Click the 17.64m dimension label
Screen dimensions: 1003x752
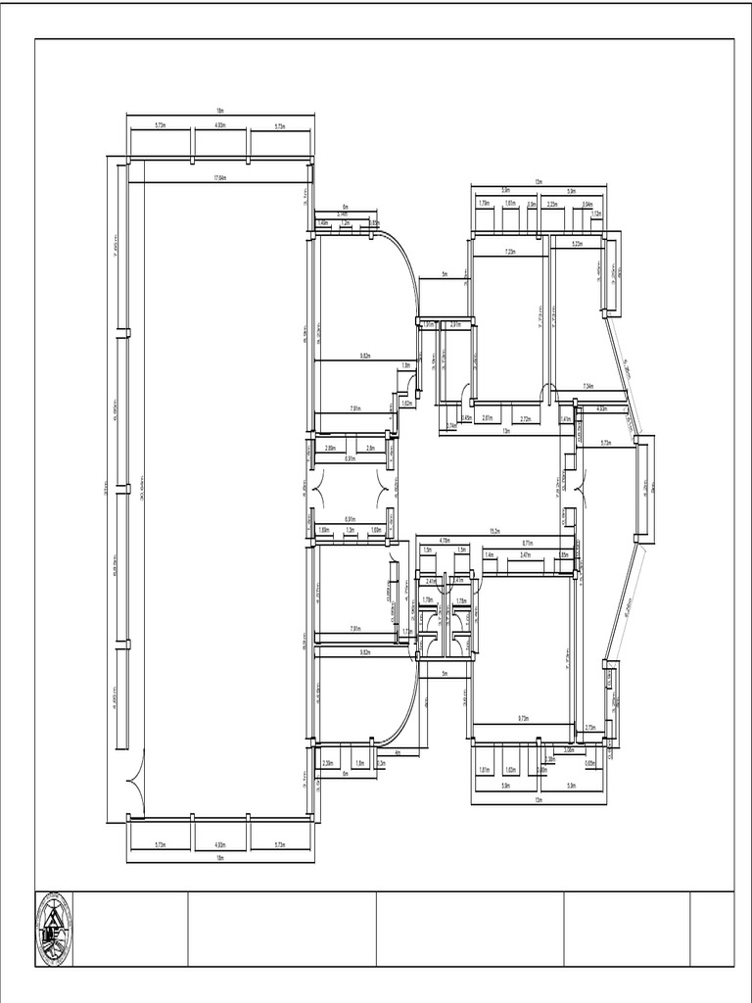tap(220, 178)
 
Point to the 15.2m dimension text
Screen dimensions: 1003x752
tap(495, 532)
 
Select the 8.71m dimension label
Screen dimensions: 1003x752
tap(528, 543)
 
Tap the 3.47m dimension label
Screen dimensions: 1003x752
tap(525, 554)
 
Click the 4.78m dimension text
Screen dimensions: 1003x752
tap(444, 540)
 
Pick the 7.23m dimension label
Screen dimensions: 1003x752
tap(511, 252)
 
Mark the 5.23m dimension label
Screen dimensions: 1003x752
tap(577, 244)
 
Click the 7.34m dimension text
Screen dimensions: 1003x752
tap(587, 386)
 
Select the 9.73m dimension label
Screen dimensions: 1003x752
tap(523, 719)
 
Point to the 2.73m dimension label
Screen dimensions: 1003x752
tap(590, 728)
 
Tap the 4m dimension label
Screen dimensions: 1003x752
tap(397, 752)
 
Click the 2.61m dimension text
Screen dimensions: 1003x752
tap(487, 418)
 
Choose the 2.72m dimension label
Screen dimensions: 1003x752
tap(526, 418)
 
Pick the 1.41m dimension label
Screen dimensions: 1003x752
tap(566, 419)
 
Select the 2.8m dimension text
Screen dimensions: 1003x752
tap(370, 448)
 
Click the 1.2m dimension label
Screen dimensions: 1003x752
tap(346, 223)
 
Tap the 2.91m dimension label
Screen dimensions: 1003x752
tap(455, 324)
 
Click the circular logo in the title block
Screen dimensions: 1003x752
tap(54, 929)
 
